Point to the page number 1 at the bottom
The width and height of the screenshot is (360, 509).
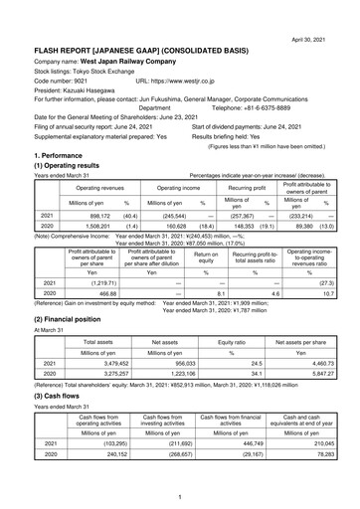click(180, 496)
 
